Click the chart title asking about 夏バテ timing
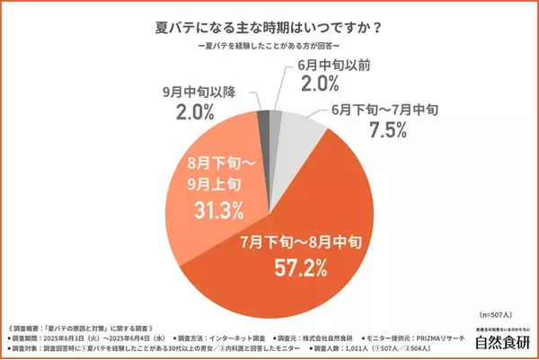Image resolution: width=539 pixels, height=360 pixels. [x=269, y=24]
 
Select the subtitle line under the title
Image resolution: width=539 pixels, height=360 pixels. [x=269, y=46]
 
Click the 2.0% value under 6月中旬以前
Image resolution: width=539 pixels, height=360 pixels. [x=320, y=83]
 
